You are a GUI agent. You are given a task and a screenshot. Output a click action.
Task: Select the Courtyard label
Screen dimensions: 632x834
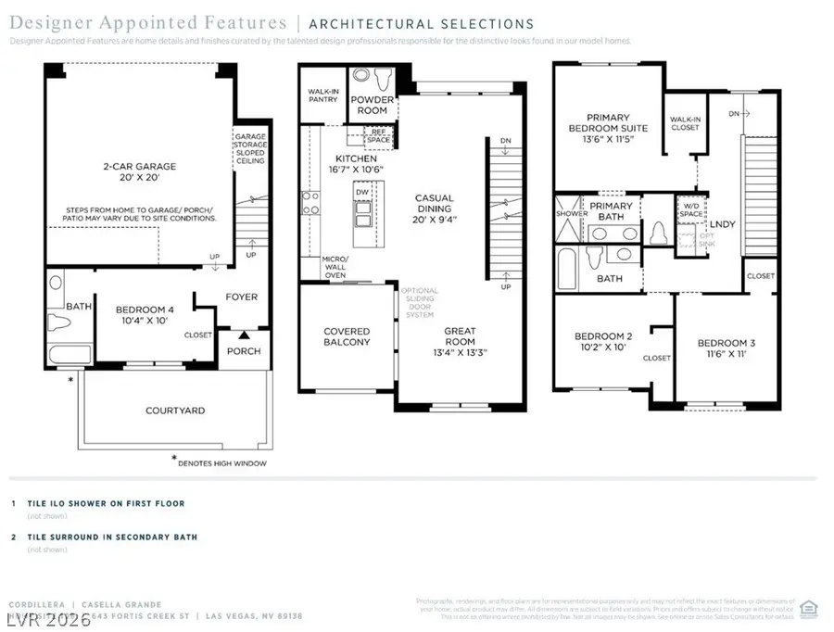(x=174, y=410)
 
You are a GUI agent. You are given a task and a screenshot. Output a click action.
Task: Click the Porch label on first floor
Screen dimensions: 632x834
(x=244, y=351)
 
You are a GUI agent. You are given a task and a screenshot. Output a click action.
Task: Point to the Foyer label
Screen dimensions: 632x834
(x=241, y=297)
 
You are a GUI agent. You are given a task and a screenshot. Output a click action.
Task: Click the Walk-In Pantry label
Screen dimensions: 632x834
(x=322, y=96)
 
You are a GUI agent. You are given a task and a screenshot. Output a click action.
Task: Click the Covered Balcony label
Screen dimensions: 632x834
(x=346, y=336)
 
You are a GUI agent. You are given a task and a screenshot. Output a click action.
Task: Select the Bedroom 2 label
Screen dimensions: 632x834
(x=603, y=342)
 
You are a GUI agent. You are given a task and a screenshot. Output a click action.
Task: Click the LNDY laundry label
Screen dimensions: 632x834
(x=722, y=223)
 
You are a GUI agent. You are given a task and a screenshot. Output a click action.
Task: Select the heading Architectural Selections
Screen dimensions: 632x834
(x=422, y=24)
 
